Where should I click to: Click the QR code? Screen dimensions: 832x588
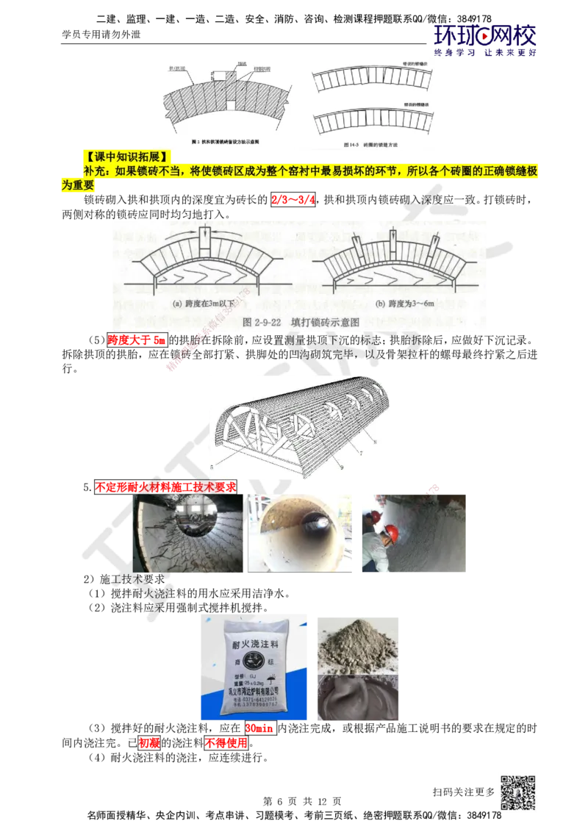point(517,793)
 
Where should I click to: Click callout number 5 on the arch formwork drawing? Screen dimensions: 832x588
point(212,466)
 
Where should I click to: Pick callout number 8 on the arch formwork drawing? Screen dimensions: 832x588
point(375,441)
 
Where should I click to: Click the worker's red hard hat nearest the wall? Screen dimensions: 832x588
point(392,531)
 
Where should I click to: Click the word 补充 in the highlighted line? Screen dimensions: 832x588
point(94,171)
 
